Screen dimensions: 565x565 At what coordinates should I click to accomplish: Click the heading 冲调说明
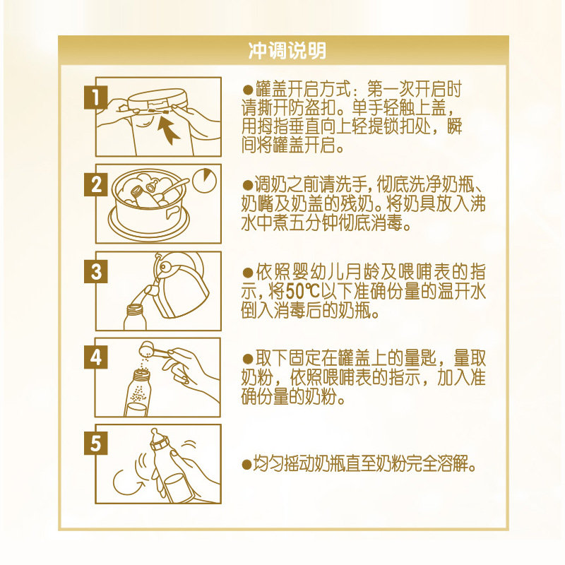coord(287,51)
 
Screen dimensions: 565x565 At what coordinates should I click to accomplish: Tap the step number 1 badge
coord(95,97)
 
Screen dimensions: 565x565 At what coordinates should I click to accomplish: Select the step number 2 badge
coord(95,184)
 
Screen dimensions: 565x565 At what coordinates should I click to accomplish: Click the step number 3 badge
coord(95,271)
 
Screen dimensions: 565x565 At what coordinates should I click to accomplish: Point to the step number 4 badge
coord(95,357)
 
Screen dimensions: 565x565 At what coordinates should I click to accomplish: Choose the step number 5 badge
coord(95,444)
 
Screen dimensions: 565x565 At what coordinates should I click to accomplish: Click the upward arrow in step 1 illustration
coord(169,129)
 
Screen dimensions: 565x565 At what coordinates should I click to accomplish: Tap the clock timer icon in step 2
coord(204,180)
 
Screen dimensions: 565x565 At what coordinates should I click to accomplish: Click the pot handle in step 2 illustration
coord(172,214)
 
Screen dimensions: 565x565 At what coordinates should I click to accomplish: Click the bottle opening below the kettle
coord(135,309)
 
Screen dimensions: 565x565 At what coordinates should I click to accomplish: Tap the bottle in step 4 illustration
coord(137,393)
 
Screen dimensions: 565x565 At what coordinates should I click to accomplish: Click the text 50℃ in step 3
coord(303,291)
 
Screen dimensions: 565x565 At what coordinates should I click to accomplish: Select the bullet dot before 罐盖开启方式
coord(248,90)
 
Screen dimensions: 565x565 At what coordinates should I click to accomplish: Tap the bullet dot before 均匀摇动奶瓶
coord(246,465)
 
